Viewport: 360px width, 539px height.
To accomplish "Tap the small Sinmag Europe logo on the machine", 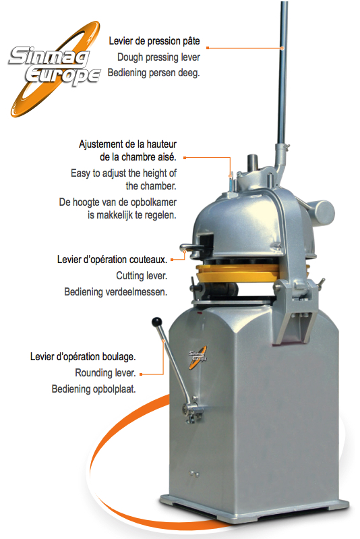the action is (x=198, y=357).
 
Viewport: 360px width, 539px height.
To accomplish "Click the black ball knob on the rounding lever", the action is (x=156, y=322).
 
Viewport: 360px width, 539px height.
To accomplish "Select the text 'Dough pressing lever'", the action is (x=158, y=57).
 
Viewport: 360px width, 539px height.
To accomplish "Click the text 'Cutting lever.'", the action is (x=142, y=276).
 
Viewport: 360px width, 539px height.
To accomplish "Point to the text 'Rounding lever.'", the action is (x=105, y=372).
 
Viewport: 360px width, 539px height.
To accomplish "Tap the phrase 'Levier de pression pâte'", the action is (x=154, y=41).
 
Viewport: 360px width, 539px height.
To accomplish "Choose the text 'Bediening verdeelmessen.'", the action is (x=116, y=292).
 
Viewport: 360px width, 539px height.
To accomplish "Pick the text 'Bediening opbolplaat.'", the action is (x=94, y=389).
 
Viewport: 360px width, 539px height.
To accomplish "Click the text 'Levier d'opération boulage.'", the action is (x=83, y=356).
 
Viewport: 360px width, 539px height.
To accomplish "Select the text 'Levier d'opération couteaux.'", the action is (x=113, y=260).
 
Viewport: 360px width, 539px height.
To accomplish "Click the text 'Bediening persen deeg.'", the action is (x=154, y=73).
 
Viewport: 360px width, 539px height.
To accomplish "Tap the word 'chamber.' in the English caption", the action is (x=151, y=186).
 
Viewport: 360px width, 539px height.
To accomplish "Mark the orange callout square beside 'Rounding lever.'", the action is (x=141, y=374).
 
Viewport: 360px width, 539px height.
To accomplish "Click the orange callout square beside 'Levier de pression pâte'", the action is (x=208, y=48).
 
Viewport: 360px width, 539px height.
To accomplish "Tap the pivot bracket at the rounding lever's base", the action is (x=193, y=410).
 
